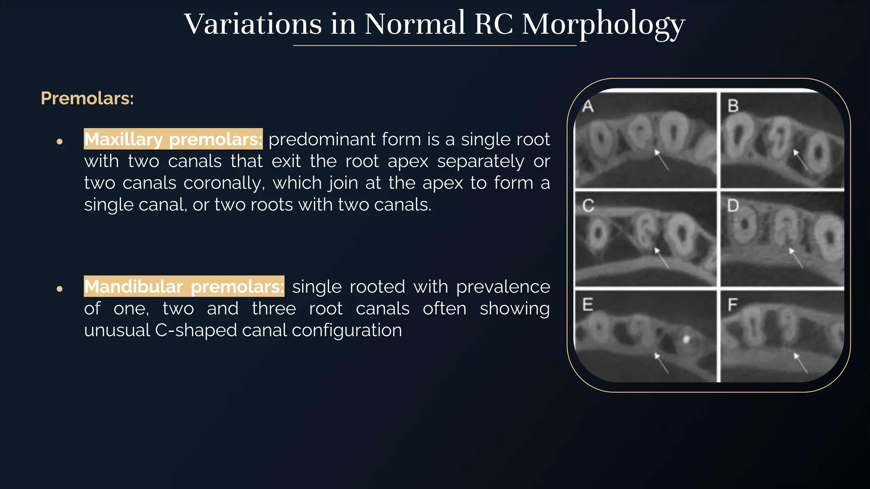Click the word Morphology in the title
point(603,25)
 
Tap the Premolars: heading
point(87,98)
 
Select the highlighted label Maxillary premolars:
point(173,139)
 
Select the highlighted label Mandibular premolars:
point(184,287)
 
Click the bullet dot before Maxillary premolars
point(59,141)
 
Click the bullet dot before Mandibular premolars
point(59,289)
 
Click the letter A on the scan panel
point(588,106)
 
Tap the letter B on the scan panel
point(733,106)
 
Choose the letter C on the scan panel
point(588,206)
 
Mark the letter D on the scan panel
point(733,206)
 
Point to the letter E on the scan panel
point(588,305)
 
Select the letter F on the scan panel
point(733,305)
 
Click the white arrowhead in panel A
point(657,152)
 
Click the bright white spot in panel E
point(686,339)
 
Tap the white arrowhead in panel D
point(791,251)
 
